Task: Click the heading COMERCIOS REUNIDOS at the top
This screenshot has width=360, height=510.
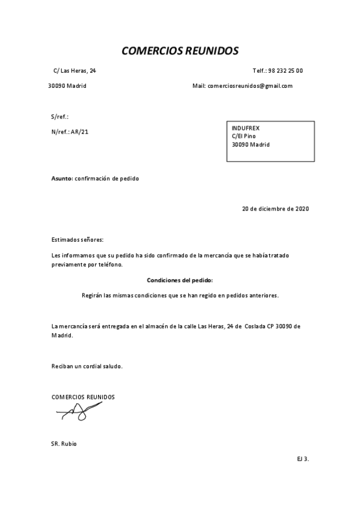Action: click(180, 51)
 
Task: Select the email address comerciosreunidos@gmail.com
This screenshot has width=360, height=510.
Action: click(250, 86)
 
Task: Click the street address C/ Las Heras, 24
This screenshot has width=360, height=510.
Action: click(75, 71)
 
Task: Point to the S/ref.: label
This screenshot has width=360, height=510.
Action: click(59, 117)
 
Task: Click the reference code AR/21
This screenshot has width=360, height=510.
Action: click(79, 131)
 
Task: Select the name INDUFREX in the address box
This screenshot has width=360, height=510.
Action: click(246, 127)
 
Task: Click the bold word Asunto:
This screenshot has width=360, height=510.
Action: click(62, 179)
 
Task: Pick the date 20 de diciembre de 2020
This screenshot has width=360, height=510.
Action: click(275, 209)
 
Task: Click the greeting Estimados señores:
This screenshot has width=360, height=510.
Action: click(78, 239)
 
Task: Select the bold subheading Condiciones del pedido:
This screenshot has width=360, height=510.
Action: click(180, 280)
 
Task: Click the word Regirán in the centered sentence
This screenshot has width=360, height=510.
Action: click(92, 295)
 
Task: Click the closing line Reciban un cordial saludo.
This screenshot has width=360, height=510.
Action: click(87, 366)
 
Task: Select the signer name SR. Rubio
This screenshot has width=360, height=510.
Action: click(64, 444)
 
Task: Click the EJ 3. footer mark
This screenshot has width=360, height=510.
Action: click(302, 459)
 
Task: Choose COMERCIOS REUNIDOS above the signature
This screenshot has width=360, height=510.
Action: click(83, 397)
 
